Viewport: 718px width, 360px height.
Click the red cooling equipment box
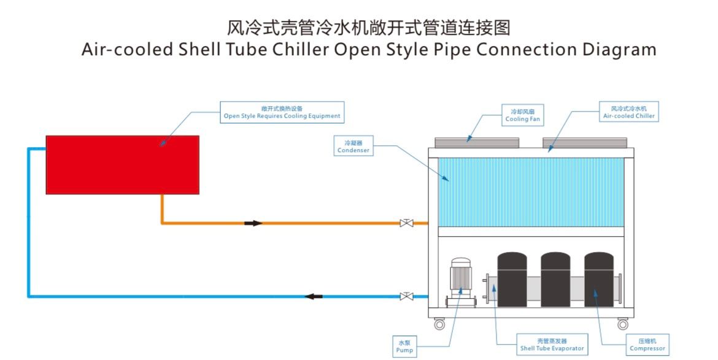click(122, 164)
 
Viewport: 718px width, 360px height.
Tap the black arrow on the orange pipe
click(253, 223)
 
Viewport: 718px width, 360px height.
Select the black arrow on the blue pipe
click(314, 297)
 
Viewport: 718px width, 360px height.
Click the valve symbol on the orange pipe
click(406, 223)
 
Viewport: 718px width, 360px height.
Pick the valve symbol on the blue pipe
click(406, 297)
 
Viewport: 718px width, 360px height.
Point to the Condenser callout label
click(353, 147)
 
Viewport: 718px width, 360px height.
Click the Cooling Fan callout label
click(523, 115)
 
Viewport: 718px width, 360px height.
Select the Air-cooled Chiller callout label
click(629, 112)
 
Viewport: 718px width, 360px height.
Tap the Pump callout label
click(404, 347)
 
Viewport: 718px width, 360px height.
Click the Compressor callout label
click(647, 345)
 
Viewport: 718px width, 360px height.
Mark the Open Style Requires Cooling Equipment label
click(281, 112)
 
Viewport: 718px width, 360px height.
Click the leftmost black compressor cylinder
click(512, 281)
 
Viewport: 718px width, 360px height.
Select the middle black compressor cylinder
click(555, 281)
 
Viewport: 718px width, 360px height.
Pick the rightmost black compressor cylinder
click(599, 281)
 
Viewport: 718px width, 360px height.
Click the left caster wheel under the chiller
click(439, 324)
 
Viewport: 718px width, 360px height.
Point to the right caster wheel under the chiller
click(623, 324)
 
